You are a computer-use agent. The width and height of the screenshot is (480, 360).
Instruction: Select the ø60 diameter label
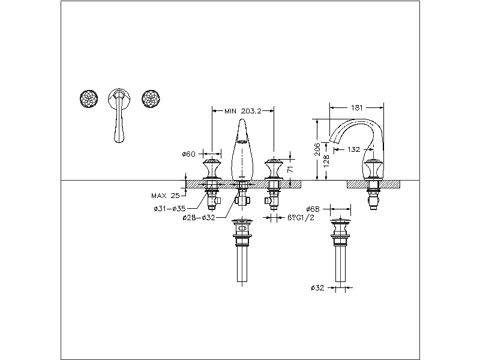click(x=189, y=154)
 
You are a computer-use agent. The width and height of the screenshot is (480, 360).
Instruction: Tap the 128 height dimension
click(x=326, y=161)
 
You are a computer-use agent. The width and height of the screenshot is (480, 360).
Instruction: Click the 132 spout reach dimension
click(x=354, y=149)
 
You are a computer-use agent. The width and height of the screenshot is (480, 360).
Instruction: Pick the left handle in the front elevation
click(x=212, y=170)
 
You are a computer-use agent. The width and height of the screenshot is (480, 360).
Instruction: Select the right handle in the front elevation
click(x=274, y=170)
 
